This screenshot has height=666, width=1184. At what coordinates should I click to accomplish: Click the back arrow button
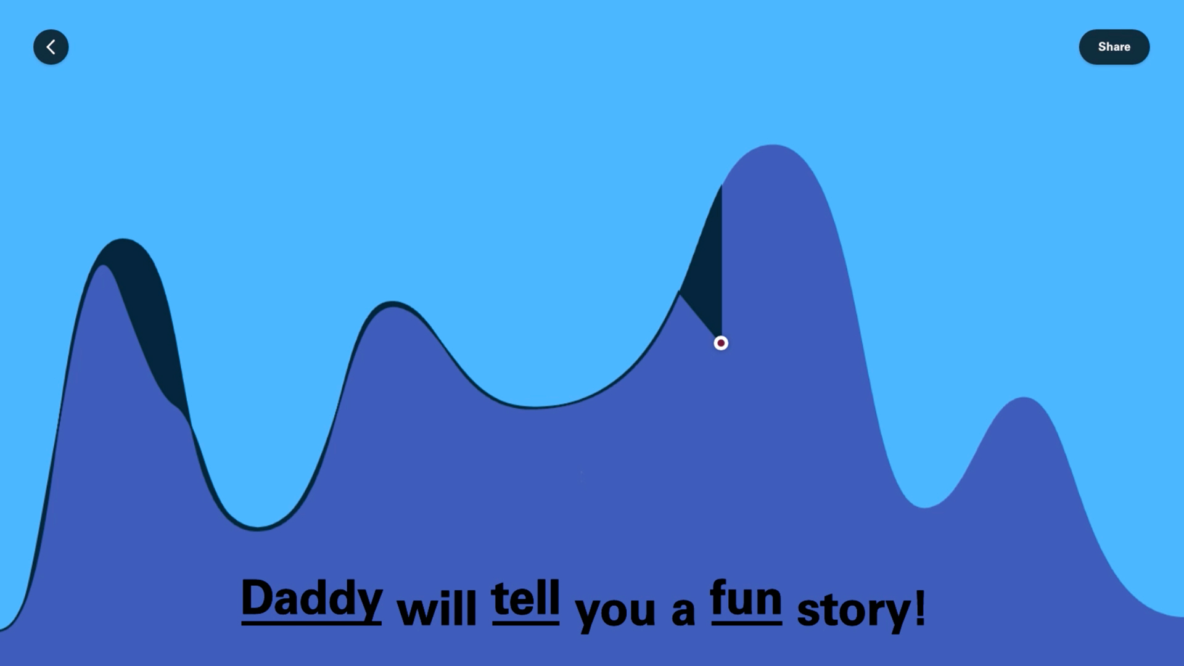51,47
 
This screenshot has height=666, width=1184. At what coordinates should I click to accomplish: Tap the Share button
1114,47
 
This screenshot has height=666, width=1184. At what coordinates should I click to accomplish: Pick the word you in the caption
615,612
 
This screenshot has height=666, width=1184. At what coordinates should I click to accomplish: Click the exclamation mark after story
920,607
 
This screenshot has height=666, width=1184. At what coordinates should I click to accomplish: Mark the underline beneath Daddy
311,623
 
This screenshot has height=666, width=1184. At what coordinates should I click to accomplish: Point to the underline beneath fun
746,623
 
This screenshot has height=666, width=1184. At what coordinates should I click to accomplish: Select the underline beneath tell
525,623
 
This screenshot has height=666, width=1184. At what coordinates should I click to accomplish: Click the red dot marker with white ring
721,343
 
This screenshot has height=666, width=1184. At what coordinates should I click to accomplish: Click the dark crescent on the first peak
148,308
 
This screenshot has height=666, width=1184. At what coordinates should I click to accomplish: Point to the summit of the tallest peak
773,145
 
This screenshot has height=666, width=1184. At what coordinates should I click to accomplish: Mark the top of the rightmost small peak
1024,398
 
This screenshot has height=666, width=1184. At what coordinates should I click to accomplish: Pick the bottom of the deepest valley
258,528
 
